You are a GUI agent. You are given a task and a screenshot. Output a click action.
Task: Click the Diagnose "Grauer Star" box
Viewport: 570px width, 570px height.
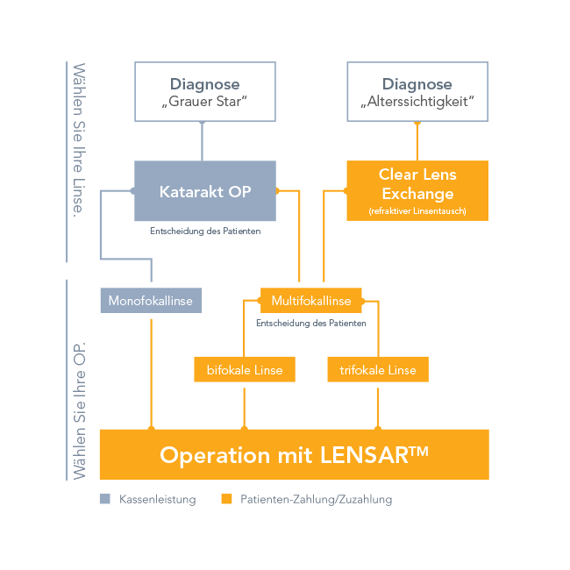click(x=204, y=92)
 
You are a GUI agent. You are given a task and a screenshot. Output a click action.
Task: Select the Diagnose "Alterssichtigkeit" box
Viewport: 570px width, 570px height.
click(x=417, y=92)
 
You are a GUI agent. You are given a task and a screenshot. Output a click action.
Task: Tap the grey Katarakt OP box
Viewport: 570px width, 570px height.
click(x=204, y=190)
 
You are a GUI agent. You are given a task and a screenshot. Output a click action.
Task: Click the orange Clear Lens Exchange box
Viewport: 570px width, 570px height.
click(x=417, y=184)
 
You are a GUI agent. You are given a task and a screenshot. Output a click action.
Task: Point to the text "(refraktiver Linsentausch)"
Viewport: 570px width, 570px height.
click(x=417, y=211)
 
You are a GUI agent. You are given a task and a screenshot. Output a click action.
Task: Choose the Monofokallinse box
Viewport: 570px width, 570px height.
click(x=151, y=301)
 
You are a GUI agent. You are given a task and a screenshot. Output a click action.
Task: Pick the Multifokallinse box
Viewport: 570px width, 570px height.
click(x=311, y=301)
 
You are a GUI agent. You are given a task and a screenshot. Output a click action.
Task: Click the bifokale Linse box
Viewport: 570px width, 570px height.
click(x=245, y=370)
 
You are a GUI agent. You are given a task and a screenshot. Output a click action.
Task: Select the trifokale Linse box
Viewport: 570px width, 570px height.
click(x=378, y=370)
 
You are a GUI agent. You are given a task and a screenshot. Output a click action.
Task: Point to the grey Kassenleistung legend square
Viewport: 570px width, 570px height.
click(x=105, y=499)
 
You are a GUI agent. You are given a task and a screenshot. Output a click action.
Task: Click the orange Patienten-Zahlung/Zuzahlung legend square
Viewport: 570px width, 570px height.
click(x=226, y=499)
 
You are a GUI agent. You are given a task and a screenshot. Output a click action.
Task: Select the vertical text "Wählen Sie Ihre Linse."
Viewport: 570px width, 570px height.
click(x=80, y=140)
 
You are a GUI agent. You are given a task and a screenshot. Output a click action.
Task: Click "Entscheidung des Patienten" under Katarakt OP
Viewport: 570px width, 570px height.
click(x=204, y=232)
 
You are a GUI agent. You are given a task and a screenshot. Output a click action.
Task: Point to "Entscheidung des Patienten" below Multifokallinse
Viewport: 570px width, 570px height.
click(x=310, y=323)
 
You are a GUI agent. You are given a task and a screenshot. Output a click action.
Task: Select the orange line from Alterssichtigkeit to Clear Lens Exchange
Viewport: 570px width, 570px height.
click(x=417, y=140)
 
